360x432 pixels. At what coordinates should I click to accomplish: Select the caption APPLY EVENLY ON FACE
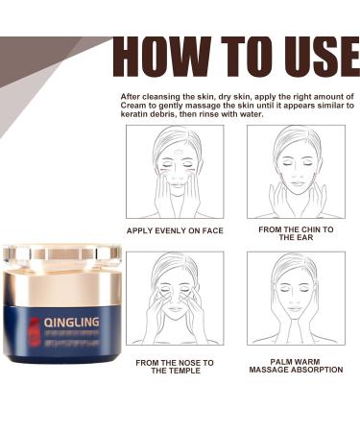coord(176,231)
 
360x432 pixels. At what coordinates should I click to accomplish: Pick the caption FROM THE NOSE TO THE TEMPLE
coord(176,365)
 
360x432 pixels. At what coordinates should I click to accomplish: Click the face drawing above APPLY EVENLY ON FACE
coord(176,172)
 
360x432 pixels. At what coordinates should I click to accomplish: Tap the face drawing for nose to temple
coord(176,299)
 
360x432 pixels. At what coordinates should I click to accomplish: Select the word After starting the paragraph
coord(132,96)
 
